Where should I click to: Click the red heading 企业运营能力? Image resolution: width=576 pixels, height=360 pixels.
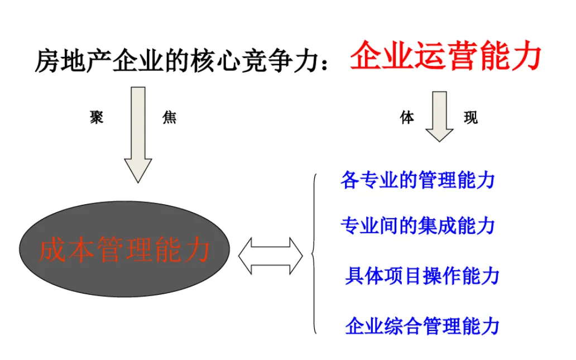(445, 56)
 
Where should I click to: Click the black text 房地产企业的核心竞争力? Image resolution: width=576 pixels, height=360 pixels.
(179, 60)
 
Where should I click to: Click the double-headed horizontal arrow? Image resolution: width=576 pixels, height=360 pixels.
(271, 256)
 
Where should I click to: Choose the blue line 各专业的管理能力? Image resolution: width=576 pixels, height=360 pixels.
(417, 180)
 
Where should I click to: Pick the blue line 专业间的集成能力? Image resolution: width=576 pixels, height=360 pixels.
(417, 225)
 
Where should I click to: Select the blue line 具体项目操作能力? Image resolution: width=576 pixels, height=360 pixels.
(422, 276)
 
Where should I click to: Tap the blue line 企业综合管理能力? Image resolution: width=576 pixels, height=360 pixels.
(422, 326)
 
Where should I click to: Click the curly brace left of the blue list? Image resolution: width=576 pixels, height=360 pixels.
(314, 254)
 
